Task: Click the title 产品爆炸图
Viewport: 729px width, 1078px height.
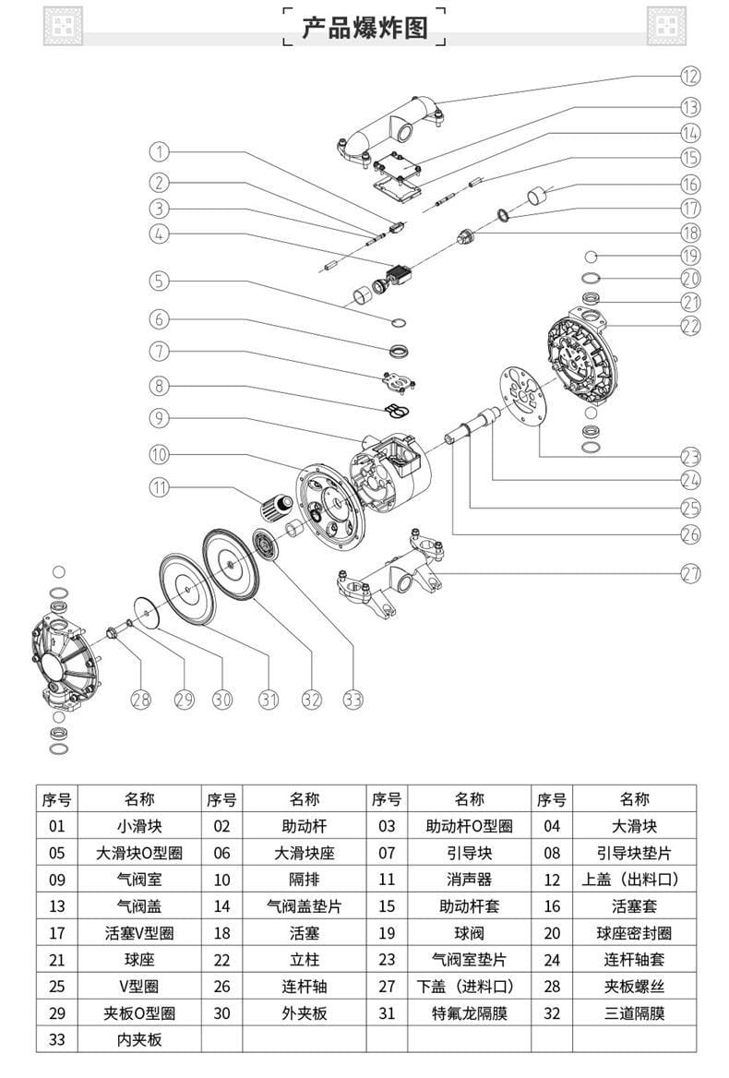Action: coord(364,28)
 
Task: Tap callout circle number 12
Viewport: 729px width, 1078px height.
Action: coord(691,76)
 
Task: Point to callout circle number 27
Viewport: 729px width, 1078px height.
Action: coord(691,573)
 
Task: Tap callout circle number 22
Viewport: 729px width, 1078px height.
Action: coord(691,325)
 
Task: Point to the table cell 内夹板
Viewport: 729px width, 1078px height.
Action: coord(139,1039)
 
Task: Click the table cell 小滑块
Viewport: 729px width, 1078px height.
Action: coord(139,826)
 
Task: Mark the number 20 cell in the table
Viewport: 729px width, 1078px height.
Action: coord(551,933)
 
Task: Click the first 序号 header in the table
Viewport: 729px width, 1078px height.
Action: coord(57,798)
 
